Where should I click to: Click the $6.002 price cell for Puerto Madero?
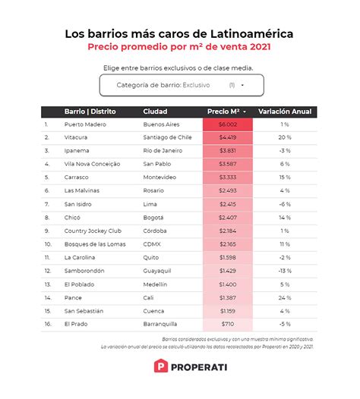(228, 124)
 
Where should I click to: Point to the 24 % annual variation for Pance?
(285, 297)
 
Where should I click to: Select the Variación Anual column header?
(285, 112)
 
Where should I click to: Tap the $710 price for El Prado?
(228, 324)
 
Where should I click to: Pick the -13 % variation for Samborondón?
(285, 271)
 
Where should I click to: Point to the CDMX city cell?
(153, 244)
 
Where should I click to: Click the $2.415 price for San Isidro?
(228, 204)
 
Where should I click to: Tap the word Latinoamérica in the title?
(246, 34)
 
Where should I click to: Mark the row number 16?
(47, 324)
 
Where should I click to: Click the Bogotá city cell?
(155, 218)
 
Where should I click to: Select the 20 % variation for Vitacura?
(285, 137)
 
